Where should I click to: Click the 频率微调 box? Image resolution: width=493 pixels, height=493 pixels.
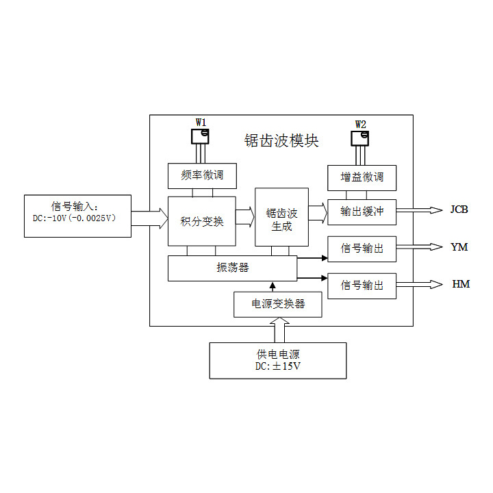[201, 175]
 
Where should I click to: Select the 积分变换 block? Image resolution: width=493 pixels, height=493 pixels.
[201, 220]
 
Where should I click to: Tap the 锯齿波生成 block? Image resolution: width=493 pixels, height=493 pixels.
[281, 216]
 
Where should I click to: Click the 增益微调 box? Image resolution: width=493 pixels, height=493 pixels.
[362, 177]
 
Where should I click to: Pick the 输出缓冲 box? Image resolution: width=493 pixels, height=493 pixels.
[362, 212]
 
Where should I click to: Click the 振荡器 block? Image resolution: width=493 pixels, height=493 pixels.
[232, 268]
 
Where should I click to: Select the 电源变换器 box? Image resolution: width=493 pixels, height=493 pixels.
[277, 303]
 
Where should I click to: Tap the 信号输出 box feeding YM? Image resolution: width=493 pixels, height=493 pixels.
[362, 248]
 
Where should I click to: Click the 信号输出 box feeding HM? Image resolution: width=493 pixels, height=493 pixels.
[362, 285]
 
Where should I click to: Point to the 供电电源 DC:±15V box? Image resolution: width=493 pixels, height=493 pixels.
[277, 360]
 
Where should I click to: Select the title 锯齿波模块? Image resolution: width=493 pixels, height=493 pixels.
[281, 140]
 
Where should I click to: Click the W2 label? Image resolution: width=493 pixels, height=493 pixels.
[361, 124]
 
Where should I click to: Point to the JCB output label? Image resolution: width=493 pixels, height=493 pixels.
[459, 210]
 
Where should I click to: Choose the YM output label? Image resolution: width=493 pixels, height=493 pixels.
[459, 247]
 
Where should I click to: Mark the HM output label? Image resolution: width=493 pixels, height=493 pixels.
[461, 284]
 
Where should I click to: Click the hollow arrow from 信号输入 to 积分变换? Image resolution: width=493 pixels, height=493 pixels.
[149, 218]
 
